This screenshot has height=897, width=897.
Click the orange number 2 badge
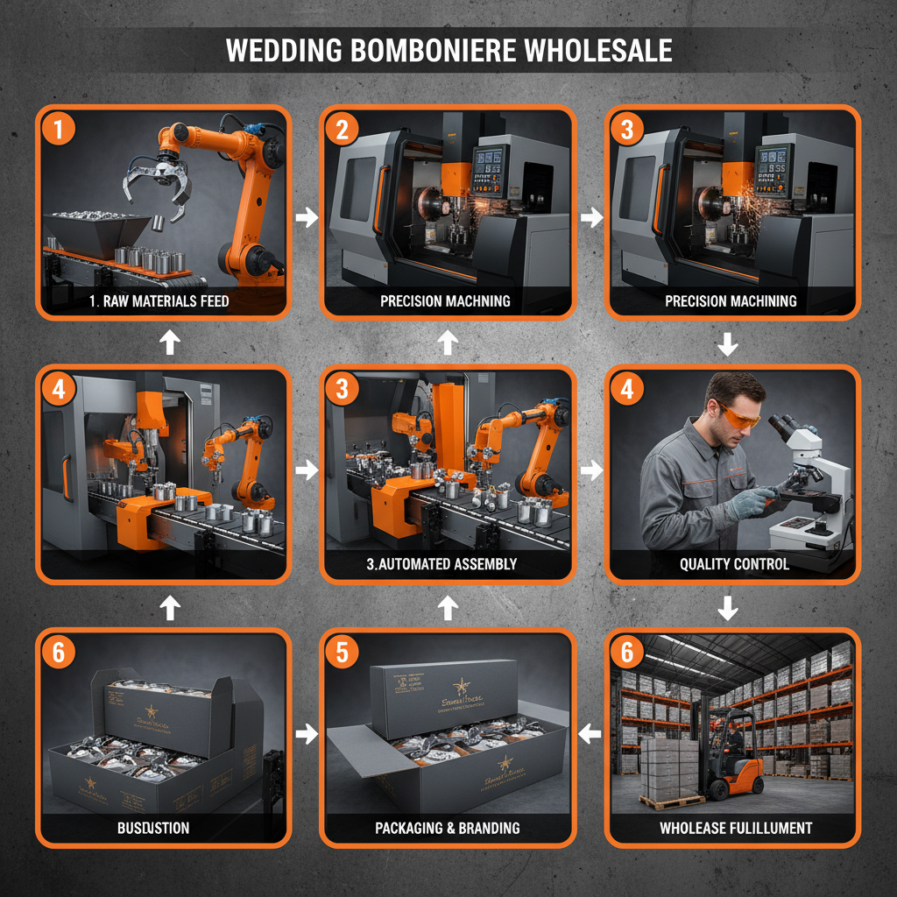[342, 130]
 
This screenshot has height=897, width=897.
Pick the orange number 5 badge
[342, 653]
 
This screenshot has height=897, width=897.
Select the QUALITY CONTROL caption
[734, 564]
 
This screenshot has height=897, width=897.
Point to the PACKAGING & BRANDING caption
[447, 828]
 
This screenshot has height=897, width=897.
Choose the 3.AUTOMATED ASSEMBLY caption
[441, 564]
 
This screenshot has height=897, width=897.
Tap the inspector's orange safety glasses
[738, 419]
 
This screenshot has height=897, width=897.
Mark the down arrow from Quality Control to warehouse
[727, 607]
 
